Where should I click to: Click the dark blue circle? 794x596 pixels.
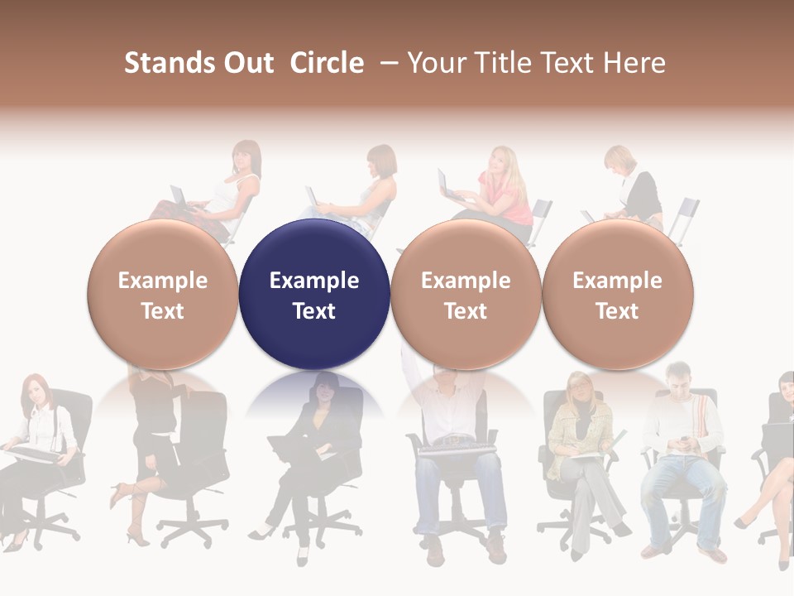314,295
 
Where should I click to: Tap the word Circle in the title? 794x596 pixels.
327,63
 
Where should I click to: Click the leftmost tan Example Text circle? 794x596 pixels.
163,295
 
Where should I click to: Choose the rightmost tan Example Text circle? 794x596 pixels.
617,295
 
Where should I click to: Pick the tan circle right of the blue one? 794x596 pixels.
466,295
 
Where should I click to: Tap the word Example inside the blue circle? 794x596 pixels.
314,281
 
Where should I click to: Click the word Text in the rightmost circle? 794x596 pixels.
617,311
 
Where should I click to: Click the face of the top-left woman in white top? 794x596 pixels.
246,157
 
